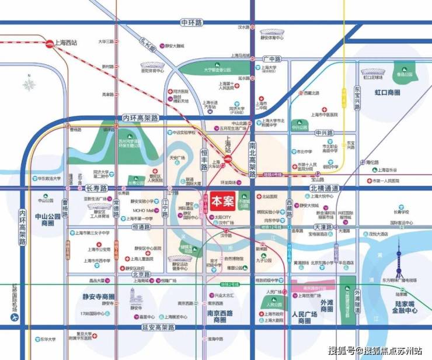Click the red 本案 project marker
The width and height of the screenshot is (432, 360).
pyautogui.click(x=222, y=200)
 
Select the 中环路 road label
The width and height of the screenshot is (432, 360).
pyautogui.click(x=191, y=22)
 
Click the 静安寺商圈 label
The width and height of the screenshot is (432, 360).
pyautogui.click(x=99, y=296)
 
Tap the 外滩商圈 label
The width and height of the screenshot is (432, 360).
pyautogui.click(x=327, y=306)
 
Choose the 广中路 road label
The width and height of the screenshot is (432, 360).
pyautogui.click(x=271, y=59)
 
